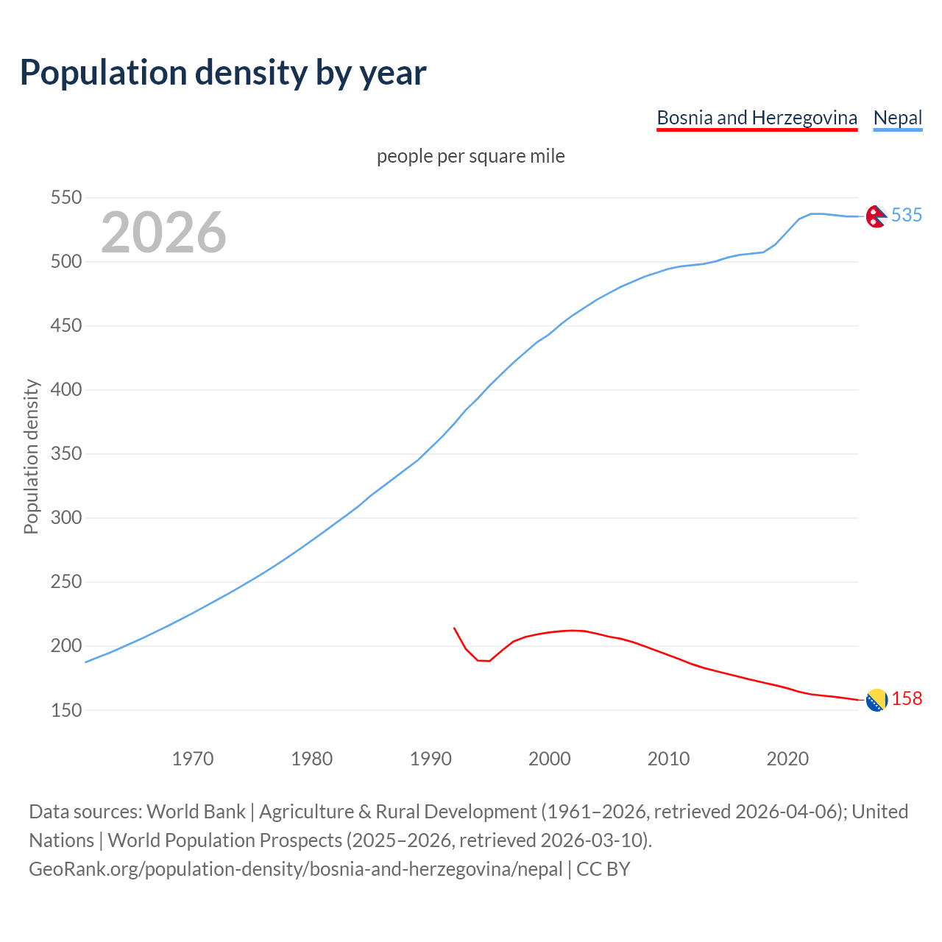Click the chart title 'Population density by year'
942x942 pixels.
point(223,72)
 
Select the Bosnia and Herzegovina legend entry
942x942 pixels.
point(757,118)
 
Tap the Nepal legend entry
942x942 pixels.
point(897,118)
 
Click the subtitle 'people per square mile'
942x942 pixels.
point(470,156)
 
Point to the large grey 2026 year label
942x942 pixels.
point(163,233)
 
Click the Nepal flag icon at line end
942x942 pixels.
point(876,216)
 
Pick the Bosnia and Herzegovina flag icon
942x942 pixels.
point(876,701)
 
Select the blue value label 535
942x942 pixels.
point(906,215)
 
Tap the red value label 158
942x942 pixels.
point(907,698)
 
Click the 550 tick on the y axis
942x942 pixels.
point(65,197)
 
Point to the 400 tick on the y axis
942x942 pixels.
point(65,389)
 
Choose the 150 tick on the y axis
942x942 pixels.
point(65,710)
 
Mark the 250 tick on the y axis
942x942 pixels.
point(65,581)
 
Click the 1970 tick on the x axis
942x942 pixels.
point(193,758)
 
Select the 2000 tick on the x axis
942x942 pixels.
point(550,758)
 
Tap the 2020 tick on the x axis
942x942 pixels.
point(787,758)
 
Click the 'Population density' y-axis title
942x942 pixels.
point(31,456)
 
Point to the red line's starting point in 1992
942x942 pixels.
point(454,628)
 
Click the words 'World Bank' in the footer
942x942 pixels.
point(196,811)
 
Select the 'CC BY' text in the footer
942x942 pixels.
point(603,868)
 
